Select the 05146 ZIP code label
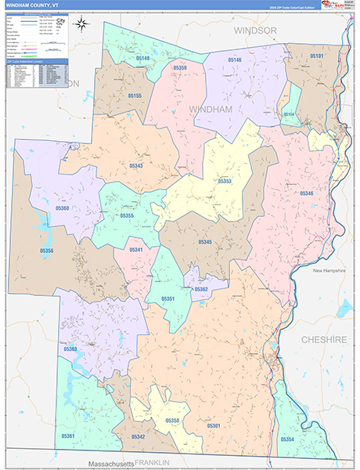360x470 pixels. (x=234, y=60)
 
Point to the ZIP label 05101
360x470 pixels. (x=316, y=56)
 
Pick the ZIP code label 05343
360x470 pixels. (x=135, y=166)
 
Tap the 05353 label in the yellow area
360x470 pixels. (x=225, y=181)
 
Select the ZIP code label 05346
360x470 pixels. (x=306, y=193)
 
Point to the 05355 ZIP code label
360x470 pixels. (x=127, y=215)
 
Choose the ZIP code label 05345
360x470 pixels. (x=205, y=242)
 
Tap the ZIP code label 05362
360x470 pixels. (x=201, y=289)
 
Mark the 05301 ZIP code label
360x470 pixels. (x=213, y=425)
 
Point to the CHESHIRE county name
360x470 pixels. (x=324, y=339)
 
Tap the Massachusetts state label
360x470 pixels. (x=110, y=463)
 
